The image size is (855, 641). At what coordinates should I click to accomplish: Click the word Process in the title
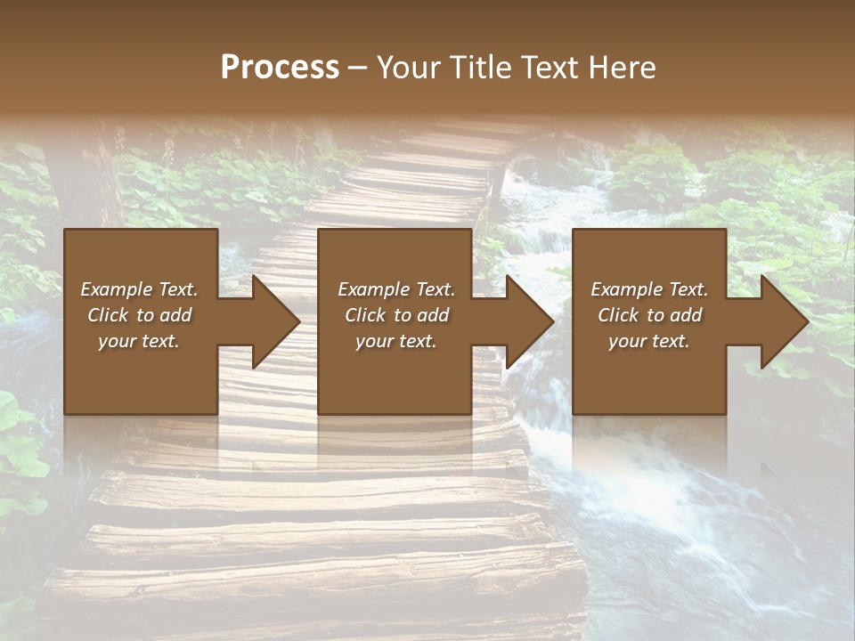click(x=280, y=68)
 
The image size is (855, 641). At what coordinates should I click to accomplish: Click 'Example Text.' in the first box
click(x=140, y=289)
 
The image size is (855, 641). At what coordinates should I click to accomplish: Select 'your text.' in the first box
click(x=139, y=341)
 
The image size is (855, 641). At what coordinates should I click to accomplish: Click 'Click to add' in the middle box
click(x=396, y=315)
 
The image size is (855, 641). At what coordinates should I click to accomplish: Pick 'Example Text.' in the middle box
click(x=396, y=289)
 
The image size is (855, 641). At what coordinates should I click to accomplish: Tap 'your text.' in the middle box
click(x=396, y=341)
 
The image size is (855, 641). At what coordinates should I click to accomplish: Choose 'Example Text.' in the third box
click(x=649, y=289)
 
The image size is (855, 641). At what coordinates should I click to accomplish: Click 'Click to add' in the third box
click(x=649, y=315)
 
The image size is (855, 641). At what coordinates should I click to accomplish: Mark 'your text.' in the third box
click(x=649, y=341)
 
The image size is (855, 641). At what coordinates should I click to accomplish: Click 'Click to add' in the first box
click(x=140, y=315)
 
